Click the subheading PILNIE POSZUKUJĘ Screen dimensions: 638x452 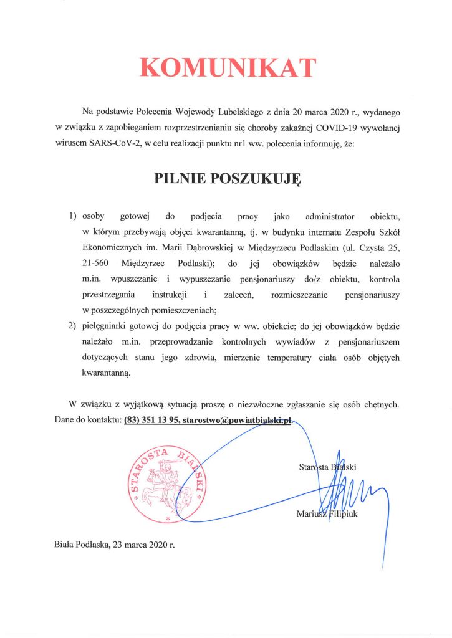[x=227, y=179]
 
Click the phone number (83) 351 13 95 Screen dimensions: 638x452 [x=151, y=421]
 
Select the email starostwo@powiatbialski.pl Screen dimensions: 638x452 [x=239, y=421]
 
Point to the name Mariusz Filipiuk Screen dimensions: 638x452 [x=327, y=515]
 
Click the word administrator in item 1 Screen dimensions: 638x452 [x=330, y=217]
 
